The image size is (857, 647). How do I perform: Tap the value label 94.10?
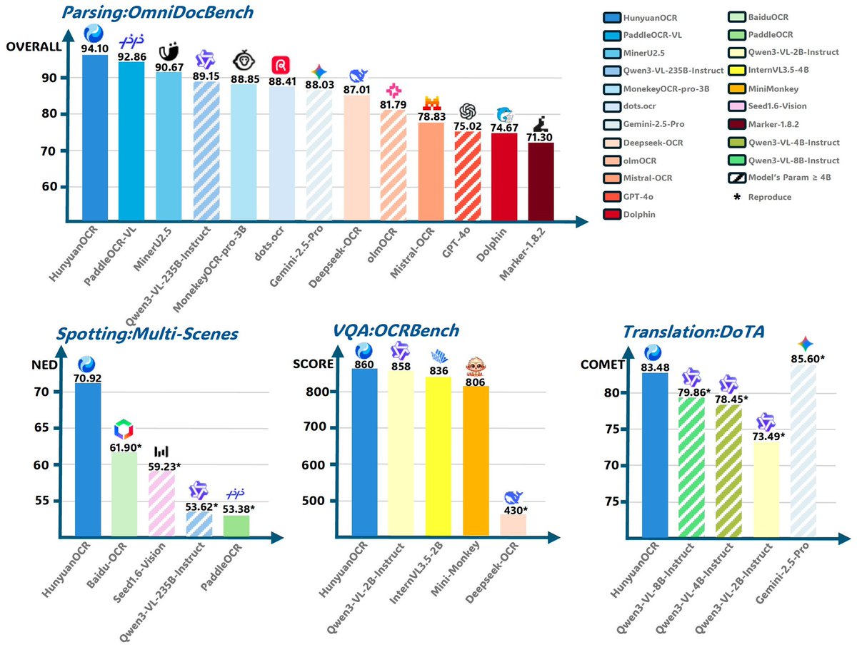[x=95, y=49]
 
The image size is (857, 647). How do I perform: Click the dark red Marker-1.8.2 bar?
[x=541, y=181]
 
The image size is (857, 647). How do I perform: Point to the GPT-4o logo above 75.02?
[x=468, y=111]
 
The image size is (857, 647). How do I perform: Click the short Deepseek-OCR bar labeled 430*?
[x=513, y=524]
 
